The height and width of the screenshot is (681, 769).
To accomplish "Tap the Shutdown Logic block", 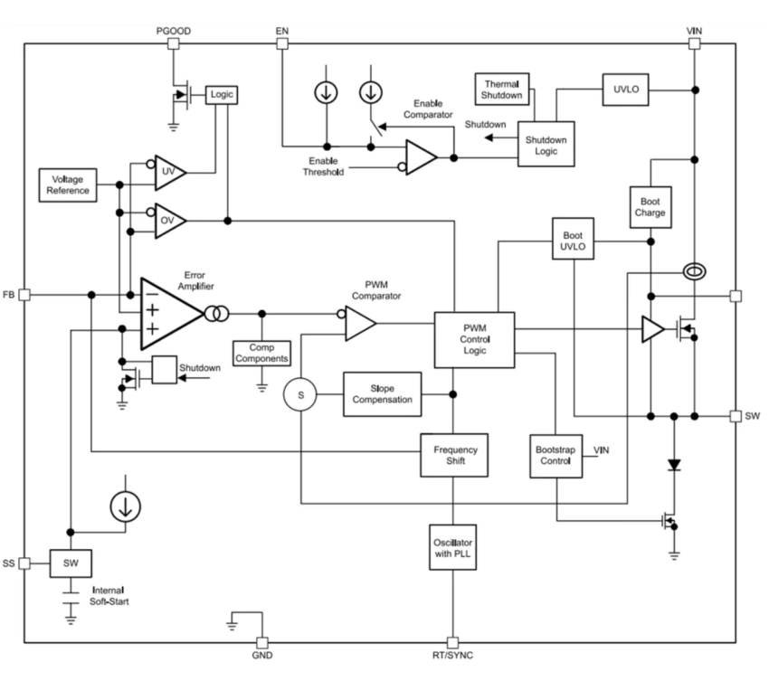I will (x=546, y=145).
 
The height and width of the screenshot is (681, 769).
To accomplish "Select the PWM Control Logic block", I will (x=474, y=339).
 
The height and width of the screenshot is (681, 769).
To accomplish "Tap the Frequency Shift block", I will (x=455, y=455).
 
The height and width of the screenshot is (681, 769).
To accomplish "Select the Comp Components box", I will (x=261, y=353).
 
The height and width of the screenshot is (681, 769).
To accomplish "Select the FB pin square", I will (x=25, y=294).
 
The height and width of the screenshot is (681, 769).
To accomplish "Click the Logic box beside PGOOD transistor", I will (x=220, y=94).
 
